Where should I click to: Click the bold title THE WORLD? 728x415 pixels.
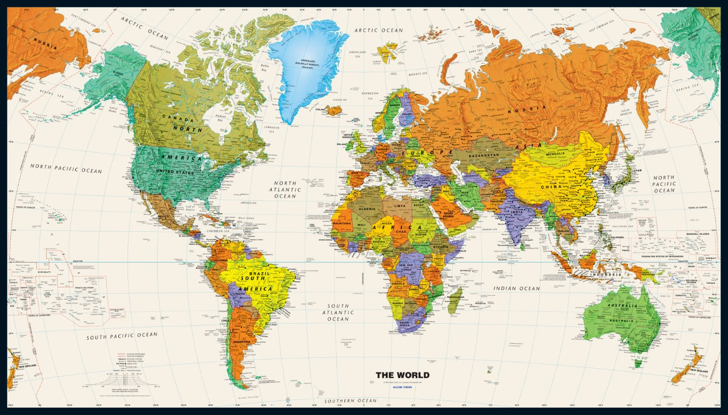click(402, 375)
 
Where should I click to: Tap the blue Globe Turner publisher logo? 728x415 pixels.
click(402, 387)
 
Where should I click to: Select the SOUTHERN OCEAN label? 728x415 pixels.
click(351, 401)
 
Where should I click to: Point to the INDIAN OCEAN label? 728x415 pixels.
click(516, 288)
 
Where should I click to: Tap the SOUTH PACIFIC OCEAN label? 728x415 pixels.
click(122, 336)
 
